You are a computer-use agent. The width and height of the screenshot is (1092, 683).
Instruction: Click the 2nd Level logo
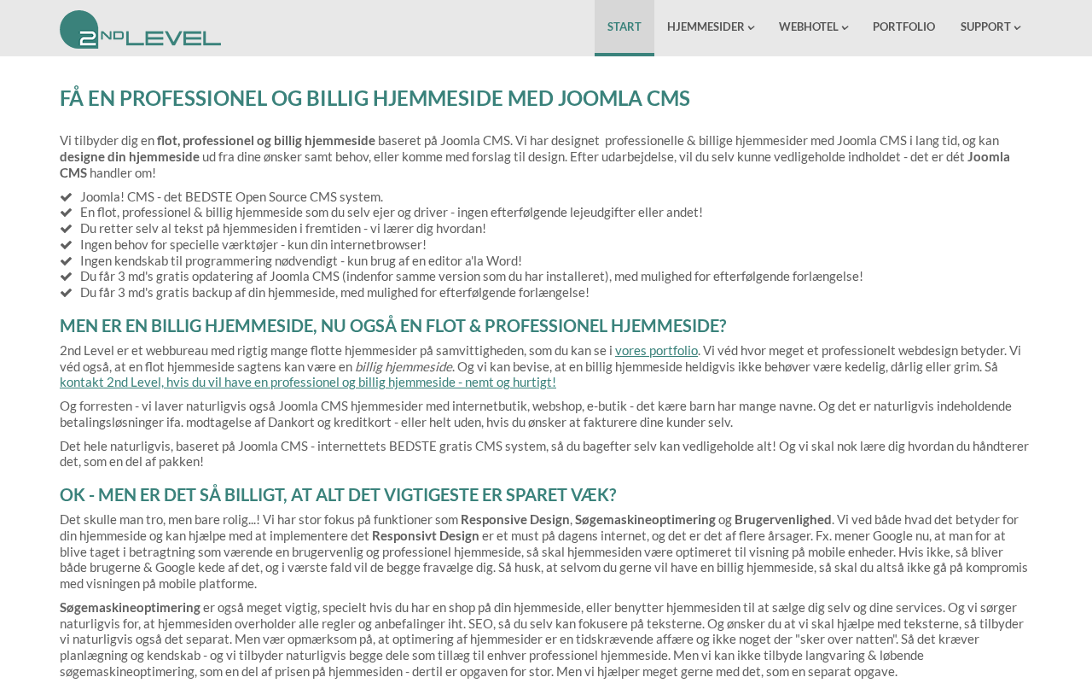tap(140, 29)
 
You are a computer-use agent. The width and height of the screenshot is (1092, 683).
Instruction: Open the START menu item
tap(624, 27)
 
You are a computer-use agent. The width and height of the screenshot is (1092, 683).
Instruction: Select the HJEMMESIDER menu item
tap(706, 27)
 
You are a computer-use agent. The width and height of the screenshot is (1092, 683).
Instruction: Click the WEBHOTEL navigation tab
tap(809, 27)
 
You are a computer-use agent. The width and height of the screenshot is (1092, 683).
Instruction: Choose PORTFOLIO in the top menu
tap(903, 27)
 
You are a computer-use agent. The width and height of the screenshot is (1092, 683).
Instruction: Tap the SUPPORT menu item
tap(985, 27)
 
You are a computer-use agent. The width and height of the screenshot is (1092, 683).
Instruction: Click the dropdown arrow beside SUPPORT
tap(1017, 28)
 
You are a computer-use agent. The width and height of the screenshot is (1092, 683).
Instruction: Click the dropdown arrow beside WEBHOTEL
tap(845, 28)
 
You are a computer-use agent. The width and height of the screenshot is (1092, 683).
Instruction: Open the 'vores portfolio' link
tap(656, 350)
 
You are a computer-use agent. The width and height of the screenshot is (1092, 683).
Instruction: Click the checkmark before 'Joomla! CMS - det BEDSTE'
tap(66, 197)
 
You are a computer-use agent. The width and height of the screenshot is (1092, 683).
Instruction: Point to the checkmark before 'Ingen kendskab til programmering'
tap(66, 261)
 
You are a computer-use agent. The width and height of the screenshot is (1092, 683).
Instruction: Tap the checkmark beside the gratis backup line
tap(66, 293)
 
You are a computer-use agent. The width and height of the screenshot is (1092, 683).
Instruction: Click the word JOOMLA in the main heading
tap(590, 98)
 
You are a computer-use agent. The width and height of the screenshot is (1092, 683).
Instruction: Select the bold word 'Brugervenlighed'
tap(782, 519)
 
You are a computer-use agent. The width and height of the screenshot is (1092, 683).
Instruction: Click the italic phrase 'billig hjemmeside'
tap(403, 366)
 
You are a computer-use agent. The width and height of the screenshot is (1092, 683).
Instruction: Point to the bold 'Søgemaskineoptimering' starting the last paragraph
tap(130, 607)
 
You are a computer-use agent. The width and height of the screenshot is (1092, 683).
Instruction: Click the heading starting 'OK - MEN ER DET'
tap(338, 495)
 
